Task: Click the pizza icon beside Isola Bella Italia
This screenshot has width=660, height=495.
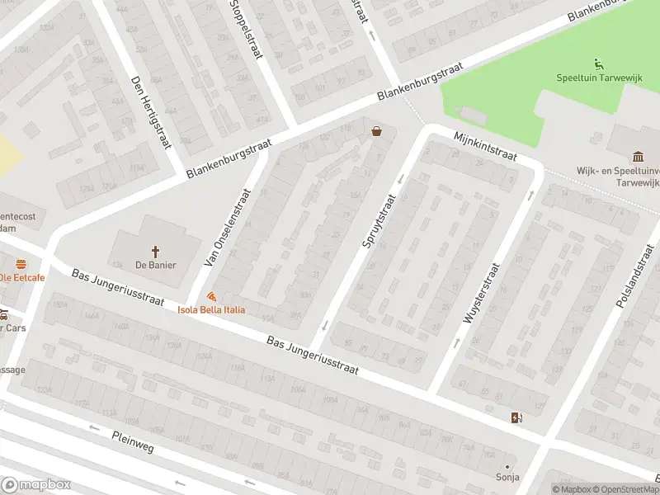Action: [212, 295]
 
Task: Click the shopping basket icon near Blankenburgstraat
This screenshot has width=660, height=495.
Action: [377, 130]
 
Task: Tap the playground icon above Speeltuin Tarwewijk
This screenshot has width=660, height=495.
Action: [598, 64]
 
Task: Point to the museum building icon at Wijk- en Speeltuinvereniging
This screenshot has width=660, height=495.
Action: [638, 157]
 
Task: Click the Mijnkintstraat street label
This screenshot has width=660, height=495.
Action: [485, 145]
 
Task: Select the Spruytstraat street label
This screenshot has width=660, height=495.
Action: [379, 220]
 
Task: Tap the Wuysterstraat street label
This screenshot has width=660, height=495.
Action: [483, 293]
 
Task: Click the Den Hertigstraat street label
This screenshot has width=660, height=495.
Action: [149, 113]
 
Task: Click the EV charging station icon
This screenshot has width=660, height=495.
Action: [517, 417]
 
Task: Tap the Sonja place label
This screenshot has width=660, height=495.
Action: [507, 476]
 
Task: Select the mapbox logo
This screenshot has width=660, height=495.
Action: [36, 485]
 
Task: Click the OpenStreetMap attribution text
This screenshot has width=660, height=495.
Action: [621, 490]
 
